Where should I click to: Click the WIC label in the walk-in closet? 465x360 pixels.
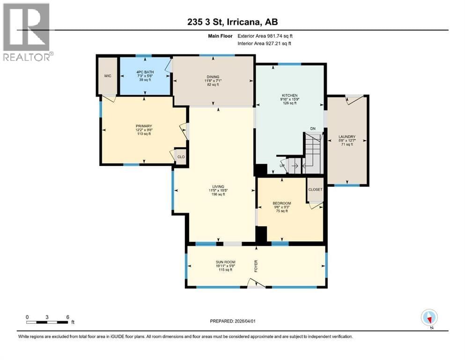[x=107, y=75]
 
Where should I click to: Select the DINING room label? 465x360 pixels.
[x=213, y=77]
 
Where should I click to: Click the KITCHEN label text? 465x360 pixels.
[x=289, y=95]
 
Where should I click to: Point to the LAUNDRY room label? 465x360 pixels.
[x=347, y=137]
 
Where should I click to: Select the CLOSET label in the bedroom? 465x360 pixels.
[x=315, y=189]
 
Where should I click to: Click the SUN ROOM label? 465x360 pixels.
[x=225, y=262]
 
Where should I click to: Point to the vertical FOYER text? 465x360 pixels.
[x=256, y=266]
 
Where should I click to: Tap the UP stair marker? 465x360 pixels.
[x=282, y=165]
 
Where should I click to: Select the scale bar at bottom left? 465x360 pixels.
[x=47, y=322]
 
